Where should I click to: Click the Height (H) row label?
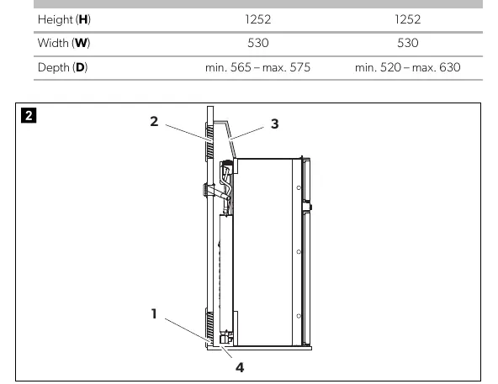64,19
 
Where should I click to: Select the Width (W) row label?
64,43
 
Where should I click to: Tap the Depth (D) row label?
62,67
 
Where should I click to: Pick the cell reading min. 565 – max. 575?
257,67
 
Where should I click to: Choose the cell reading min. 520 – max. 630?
407,67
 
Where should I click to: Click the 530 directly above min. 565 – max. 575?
258,43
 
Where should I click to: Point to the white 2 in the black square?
29,115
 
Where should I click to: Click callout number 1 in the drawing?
154,313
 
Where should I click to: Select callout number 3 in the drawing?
275,124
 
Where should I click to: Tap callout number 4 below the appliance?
240,367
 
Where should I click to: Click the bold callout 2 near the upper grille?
154,121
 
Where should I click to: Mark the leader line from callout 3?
246,133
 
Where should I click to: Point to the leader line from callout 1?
187,329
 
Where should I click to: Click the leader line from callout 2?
187,132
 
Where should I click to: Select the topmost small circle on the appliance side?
299,188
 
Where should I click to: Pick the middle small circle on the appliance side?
299,252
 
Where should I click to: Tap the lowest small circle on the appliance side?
299,316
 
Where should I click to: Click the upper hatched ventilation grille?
209,143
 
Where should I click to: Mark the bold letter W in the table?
81,43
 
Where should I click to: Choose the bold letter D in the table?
80,67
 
